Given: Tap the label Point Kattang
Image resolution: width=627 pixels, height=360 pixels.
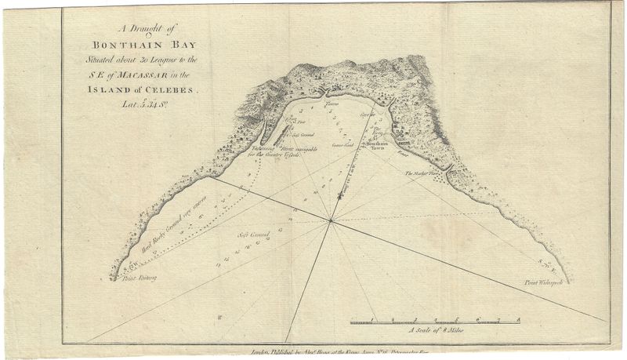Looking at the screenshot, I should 130,278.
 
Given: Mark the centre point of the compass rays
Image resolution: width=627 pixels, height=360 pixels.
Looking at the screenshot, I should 332,221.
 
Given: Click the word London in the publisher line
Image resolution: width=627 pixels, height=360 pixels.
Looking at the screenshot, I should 261,354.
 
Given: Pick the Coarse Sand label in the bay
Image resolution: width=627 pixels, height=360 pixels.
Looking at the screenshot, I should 342,145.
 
